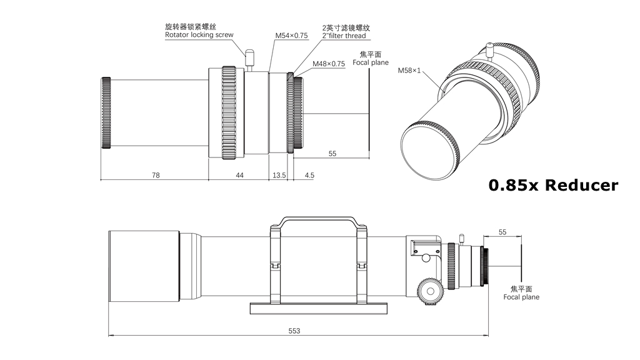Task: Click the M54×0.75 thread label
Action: (292, 36)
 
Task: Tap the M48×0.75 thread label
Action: (329, 64)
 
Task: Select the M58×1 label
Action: (409, 71)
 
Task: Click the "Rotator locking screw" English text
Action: (199, 35)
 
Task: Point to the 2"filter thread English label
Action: (344, 36)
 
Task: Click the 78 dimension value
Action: (155, 176)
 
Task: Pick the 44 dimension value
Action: (239, 176)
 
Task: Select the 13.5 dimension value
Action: (278, 176)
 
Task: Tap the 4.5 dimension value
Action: (309, 176)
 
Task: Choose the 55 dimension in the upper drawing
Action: (332, 154)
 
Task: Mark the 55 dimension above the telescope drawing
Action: (502, 232)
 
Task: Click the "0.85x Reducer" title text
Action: (553, 185)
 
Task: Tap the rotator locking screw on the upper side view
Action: (251, 59)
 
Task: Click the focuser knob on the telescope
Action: (431, 291)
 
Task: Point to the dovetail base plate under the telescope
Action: (319, 307)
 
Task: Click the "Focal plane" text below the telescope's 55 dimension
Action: (521, 297)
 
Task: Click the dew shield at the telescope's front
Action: (144, 265)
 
